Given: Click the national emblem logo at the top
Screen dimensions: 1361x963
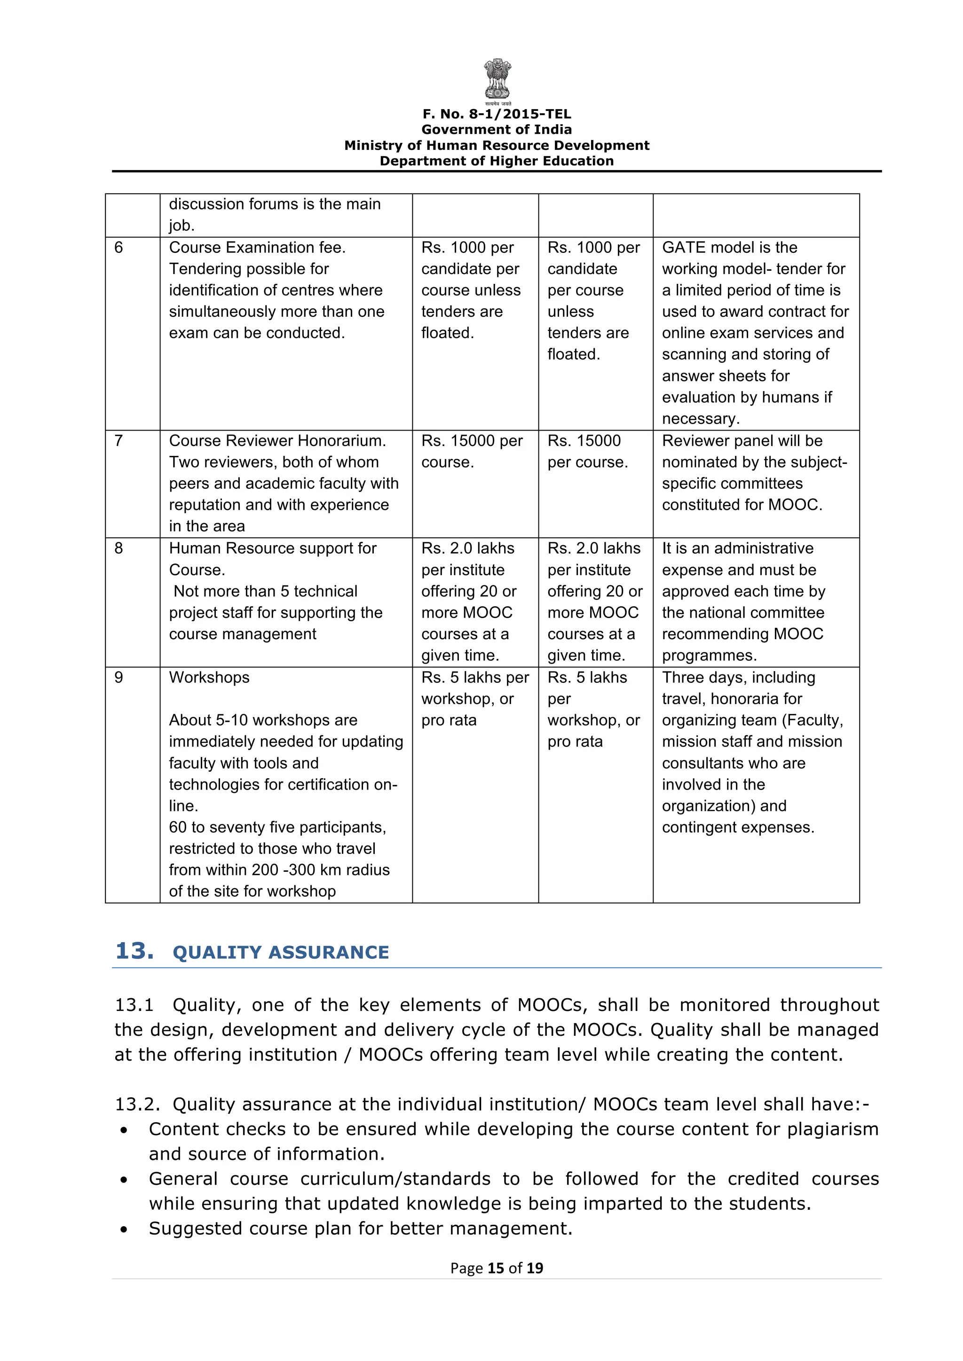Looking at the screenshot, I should click(x=497, y=79).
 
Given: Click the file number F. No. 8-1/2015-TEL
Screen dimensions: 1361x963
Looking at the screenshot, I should click(x=497, y=114).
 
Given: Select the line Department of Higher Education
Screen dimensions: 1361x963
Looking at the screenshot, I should click(x=497, y=161).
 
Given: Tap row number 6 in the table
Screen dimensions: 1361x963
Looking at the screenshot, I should click(x=118, y=248).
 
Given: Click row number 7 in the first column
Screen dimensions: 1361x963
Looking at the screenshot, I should click(x=118, y=441).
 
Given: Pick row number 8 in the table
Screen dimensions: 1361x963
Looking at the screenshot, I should click(x=118, y=548).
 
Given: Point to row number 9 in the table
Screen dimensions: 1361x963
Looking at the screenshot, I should click(x=118, y=678).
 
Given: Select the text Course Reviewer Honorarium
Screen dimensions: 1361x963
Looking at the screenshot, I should click(x=277, y=441).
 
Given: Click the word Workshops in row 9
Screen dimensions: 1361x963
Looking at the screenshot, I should click(x=209, y=678).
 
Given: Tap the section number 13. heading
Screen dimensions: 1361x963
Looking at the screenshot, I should click(x=134, y=951).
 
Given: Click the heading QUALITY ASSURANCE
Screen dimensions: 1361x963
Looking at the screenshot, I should click(x=280, y=953).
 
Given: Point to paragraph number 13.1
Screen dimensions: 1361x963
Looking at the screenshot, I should click(x=134, y=1005).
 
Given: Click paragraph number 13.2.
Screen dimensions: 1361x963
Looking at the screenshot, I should click(x=137, y=1104).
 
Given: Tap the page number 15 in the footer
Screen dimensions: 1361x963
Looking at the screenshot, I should click(x=495, y=1268).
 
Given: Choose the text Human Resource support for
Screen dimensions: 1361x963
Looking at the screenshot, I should click(x=272, y=548).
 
